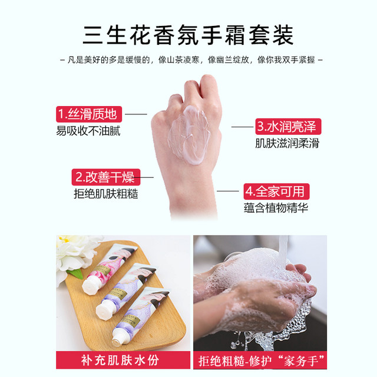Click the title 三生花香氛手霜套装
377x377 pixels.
188,34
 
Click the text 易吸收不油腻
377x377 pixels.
89,131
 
